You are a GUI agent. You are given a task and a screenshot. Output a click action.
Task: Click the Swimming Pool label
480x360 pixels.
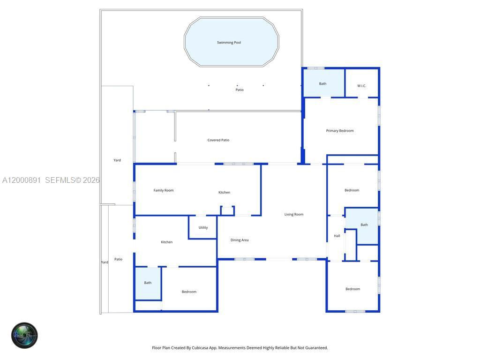229,43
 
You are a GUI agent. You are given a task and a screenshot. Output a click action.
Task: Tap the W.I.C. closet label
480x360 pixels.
361,86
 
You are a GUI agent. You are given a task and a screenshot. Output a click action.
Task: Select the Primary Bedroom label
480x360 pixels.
340,131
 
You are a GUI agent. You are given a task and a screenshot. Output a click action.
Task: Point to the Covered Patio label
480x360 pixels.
218,140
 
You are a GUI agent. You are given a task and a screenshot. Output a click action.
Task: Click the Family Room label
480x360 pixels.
164,190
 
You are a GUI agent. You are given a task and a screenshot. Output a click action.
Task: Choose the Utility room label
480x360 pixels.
203,228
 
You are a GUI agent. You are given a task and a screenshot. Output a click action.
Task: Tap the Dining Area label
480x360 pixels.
240,240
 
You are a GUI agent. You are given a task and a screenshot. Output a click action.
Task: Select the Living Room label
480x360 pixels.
294,214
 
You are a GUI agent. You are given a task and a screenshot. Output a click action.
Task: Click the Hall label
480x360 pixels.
337,236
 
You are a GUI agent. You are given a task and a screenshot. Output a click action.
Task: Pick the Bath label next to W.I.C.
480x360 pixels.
323,84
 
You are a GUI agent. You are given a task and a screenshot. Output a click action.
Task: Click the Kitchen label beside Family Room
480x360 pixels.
224,192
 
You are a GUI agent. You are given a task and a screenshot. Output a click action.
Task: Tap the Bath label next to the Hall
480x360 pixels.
364,225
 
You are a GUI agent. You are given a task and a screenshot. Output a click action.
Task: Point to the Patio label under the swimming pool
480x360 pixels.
240,90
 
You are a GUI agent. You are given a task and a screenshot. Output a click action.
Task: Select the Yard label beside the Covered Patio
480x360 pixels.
117,160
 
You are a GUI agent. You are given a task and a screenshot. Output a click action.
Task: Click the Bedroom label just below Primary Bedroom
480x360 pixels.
352,190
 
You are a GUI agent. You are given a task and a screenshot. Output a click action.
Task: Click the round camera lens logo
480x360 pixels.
24,335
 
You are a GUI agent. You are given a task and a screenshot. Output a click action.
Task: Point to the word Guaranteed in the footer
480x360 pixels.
316,348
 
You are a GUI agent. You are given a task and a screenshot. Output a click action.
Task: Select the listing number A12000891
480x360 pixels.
22,180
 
